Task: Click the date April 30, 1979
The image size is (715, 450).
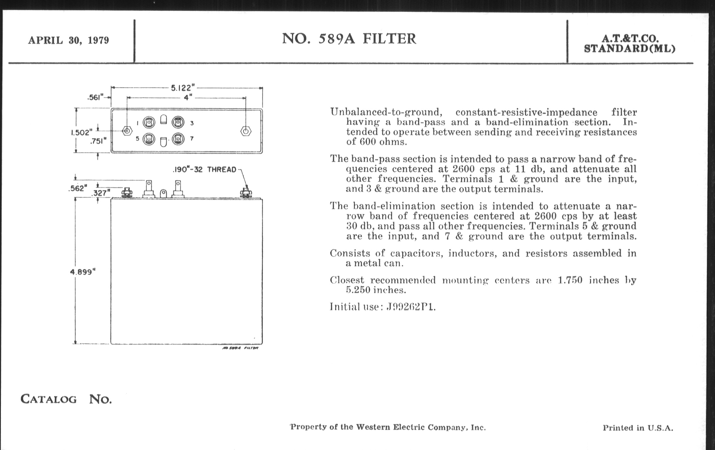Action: (69, 40)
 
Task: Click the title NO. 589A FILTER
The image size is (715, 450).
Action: (349, 39)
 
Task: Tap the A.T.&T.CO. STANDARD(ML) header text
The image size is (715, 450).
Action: (629, 43)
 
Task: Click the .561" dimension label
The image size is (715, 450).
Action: (95, 97)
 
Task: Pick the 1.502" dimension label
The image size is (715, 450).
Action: (81, 132)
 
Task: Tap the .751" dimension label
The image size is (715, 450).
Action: (98, 141)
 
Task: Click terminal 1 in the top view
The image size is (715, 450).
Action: (149, 122)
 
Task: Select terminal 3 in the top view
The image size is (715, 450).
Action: (178, 122)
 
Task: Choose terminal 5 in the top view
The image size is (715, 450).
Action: (149, 139)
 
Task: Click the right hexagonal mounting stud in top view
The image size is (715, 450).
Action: (245, 131)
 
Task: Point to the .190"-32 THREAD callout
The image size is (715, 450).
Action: (204, 170)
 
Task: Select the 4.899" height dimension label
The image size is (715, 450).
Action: (83, 272)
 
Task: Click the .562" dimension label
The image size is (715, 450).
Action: (78, 189)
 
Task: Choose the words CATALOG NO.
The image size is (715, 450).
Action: (66, 399)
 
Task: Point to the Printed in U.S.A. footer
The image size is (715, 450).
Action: (638, 428)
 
